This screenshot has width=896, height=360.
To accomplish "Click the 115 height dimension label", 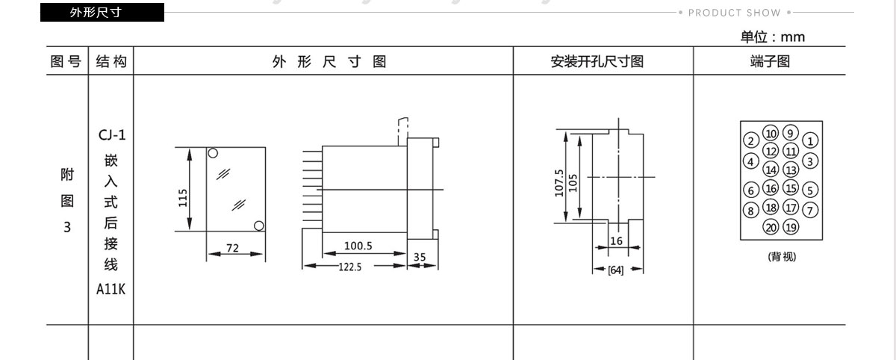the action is (x=183, y=198).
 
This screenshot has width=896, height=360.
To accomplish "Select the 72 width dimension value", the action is (x=232, y=248).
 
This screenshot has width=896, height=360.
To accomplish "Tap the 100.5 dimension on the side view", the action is (x=358, y=246).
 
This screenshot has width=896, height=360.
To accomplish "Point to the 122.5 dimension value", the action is (x=350, y=267).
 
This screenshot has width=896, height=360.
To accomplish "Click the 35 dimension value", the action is (x=420, y=257).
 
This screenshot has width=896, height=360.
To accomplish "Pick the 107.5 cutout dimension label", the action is (x=559, y=183).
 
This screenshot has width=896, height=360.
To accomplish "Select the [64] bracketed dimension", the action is (x=615, y=270).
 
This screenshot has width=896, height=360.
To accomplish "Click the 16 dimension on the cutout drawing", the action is (x=617, y=240).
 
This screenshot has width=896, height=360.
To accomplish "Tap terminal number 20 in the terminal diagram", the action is (x=771, y=227).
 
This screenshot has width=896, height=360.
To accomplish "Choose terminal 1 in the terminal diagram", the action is (x=810, y=141).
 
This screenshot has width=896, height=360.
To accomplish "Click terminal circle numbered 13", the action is (x=791, y=170).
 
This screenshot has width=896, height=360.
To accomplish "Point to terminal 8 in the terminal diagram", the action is (x=751, y=211).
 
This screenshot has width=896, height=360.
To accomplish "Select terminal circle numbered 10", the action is (x=771, y=133).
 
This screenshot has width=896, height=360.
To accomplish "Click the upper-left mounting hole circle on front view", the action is (x=213, y=153).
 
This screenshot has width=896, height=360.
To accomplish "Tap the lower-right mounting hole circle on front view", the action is (x=259, y=226).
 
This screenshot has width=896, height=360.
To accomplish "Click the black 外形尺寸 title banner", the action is (x=102, y=13).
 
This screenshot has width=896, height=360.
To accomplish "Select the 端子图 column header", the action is (x=770, y=61).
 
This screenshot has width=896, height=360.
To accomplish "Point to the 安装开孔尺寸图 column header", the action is (x=597, y=61).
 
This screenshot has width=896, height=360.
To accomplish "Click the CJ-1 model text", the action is (x=112, y=135).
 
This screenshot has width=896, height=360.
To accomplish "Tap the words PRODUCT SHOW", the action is (x=735, y=13).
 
